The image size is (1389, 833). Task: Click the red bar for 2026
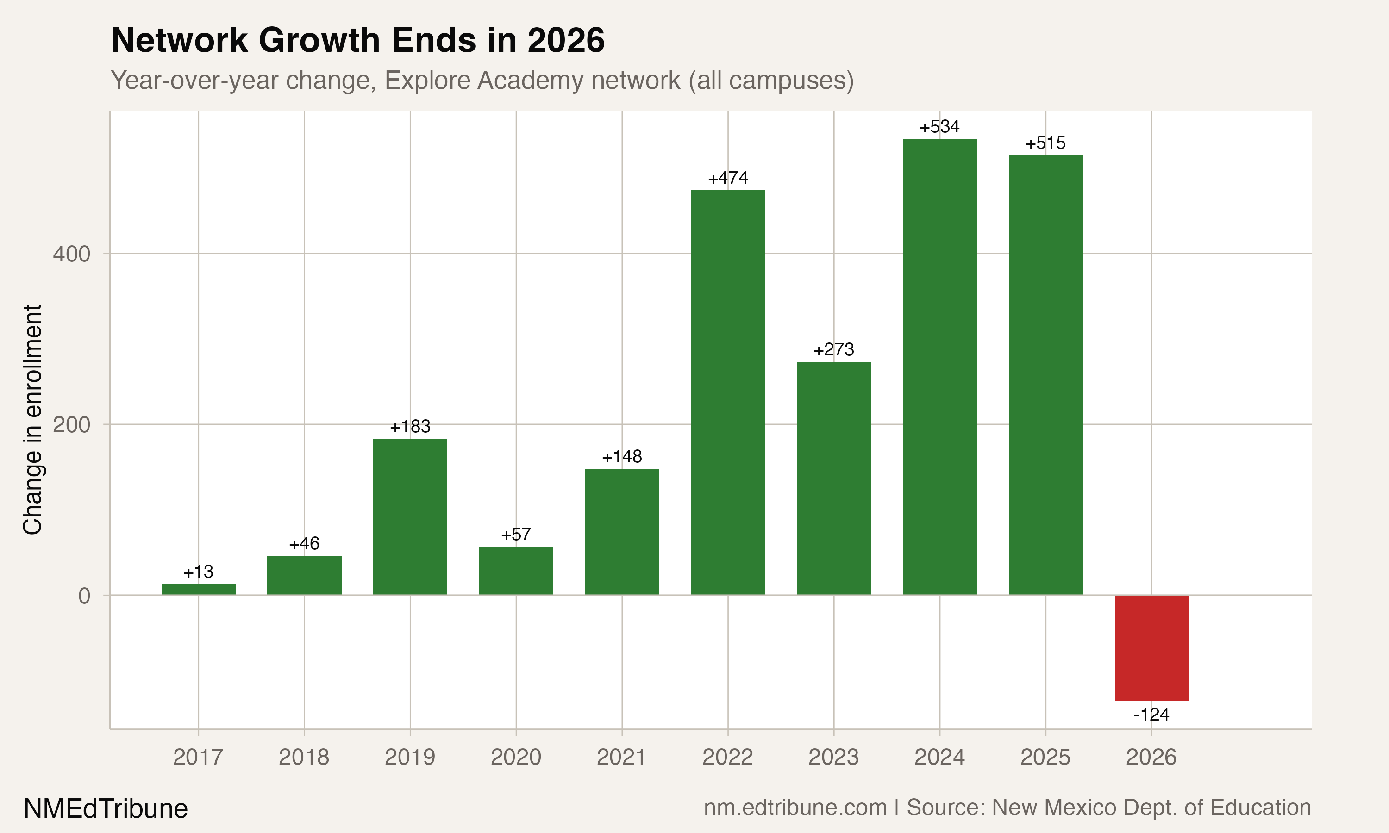point(1151,648)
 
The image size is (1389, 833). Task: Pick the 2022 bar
point(728,392)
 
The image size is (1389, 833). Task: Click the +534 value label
point(939,127)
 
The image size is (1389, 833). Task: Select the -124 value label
point(1151,715)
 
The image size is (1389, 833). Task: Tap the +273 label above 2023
point(834,350)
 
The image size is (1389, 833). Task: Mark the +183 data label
point(410,427)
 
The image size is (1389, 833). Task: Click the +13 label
point(198,572)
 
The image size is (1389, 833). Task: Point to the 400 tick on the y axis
point(71,254)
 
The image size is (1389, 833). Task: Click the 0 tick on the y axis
point(84,596)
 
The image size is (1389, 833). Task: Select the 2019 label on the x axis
point(410,757)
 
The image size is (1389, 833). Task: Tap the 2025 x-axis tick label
point(1045,757)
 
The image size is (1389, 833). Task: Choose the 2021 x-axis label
point(621,757)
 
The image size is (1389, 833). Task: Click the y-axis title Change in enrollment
point(32,420)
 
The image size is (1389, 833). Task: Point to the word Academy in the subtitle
point(532,80)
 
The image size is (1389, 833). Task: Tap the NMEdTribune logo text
point(106,809)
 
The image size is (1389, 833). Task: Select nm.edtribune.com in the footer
point(795,808)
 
